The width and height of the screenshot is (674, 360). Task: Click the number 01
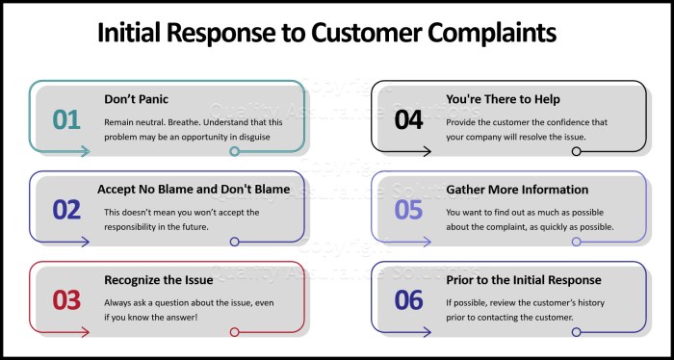tap(66, 119)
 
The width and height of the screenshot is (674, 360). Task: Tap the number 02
tap(66, 210)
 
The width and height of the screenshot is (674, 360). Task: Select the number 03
tap(66, 299)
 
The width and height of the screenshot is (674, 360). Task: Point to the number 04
tap(409, 119)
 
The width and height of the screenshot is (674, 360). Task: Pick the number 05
tap(409, 210)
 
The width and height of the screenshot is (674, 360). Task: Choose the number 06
tap(409, 299)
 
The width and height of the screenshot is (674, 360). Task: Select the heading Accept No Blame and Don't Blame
tap(193, 189)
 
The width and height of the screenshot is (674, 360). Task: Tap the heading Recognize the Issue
tap(159, 280)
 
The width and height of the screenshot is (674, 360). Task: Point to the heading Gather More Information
tap(517, 189)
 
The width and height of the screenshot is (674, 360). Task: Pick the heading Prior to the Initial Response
tap(524, 280)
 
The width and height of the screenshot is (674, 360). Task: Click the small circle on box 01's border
tap(234, 151)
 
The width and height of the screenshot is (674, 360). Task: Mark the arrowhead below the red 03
tap(86, 332)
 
